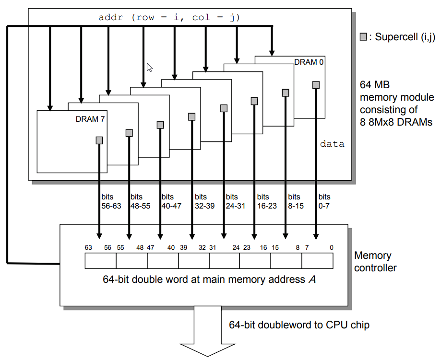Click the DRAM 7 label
pyautogui.click(x=90, y=119)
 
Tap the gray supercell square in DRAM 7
pyautogui.click(x=99, y=140)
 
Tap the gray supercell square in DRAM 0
pyautogui.click(x=316, y=85)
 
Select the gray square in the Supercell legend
pyautogui.click(x=363, y=37)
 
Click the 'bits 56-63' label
pyautogui.click(x=111, y=201)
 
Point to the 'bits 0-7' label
pyautogui.click(x=324, y=201)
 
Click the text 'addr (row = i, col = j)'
pyautogui.click(x=169, y=18)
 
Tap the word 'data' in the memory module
pyautogui.click(x=332, y=143)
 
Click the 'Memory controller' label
pyautogui.click(x=375, y=262)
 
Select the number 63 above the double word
pyautogui.click(x=88, y=247)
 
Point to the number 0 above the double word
pyautogui.click(x=332, y=247)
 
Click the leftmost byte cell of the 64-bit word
pyautogui.click(x=100, y=261)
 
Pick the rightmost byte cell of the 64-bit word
pyautogui.click(x=317, y=261)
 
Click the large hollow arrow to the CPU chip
pyautogui.click(x=208, y=336)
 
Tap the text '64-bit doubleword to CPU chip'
pyautogui.click(x=299, y=325)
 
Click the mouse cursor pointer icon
pyautogui.click(x=149, y=67)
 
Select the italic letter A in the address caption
pyautogui.click(x=312, y=279)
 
